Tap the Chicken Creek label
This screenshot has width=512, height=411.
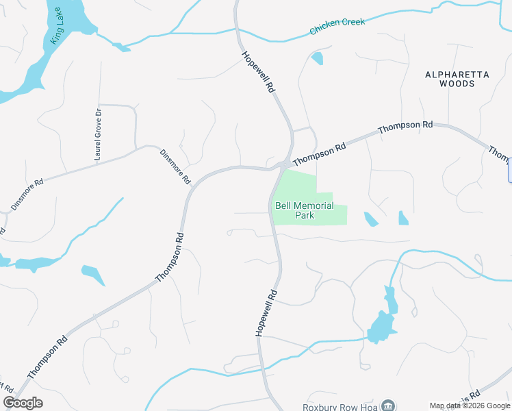click(x=337, y=27)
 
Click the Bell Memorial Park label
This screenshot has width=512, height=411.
click(x=305, y=210)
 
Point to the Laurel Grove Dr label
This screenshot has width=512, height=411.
click(x=98, y=134)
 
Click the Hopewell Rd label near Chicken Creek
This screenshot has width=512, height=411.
click(x=258, y=71)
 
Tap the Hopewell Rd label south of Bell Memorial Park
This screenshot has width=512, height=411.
click(x=266, y=312)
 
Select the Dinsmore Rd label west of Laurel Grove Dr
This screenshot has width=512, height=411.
click(x=27, y=195)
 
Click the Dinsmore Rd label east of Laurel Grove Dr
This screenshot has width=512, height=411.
click(x=175, y=167)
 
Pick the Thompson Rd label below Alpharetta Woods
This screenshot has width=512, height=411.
click(x=405, y=127)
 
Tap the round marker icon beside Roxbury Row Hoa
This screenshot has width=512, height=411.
click(x=388, y=406)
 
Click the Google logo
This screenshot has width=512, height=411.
click(x=23, y=403)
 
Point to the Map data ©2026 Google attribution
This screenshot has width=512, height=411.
click(x=470, y=406)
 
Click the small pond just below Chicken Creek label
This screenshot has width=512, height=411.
click(x=317, y=58)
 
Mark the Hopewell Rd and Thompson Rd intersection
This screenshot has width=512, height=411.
click(x=283, y=165)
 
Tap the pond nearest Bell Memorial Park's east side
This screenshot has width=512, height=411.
click(x=370, y=219)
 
